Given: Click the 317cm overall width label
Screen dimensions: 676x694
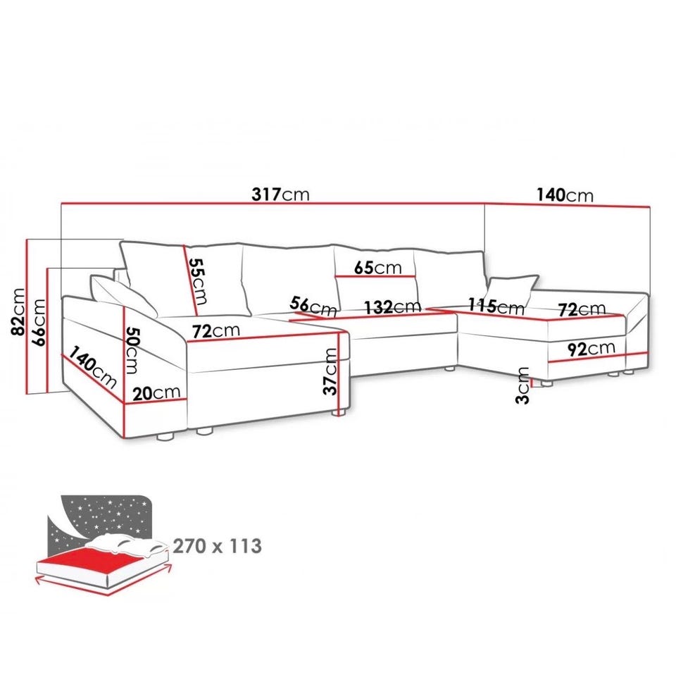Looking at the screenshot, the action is coord(280,194).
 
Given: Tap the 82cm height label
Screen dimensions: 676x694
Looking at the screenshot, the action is coord(18,311).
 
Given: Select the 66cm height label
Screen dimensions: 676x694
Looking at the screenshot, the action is coord(38,322).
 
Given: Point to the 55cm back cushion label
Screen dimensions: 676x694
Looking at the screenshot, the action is coord(198,282).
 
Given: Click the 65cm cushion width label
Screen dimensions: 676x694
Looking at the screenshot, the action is coord(378,267).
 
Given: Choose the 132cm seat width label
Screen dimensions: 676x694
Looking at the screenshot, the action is coord(392,306).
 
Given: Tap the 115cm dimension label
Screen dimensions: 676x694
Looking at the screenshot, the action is coord(496,305).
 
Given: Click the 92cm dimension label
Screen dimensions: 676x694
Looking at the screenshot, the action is coord(591,349).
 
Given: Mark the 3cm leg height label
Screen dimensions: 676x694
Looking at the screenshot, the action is coord(522,385).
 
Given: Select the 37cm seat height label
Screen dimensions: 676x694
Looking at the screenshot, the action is coord(330,371).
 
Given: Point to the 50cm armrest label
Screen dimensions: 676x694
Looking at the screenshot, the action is coord(132,351).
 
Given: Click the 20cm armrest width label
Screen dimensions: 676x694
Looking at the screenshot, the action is coord(156,392).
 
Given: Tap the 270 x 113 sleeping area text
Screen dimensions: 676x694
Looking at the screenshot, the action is coord(217,546).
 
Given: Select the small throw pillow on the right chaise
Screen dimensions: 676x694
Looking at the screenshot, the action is coord(512,290).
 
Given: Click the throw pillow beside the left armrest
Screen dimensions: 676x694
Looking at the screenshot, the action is coord(123,295).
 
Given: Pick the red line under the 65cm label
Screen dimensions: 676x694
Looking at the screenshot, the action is coord(375,277).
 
